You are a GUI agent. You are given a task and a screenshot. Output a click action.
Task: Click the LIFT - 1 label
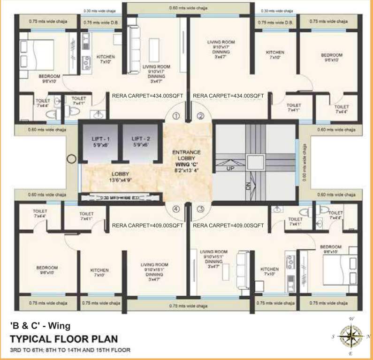(99, 139)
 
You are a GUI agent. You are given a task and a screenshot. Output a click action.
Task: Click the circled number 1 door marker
(176, 116)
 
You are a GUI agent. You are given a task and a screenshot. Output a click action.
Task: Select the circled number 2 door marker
(200, 116)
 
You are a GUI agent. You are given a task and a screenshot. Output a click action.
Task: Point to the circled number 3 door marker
(200, 210)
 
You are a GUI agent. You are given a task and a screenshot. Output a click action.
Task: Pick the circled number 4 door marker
(176, 210)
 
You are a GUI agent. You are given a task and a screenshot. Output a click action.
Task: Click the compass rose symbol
(349, 336)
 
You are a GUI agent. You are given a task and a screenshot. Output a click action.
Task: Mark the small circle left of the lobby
(71, 159)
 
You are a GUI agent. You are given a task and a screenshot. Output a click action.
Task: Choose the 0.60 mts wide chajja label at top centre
(190, 8)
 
